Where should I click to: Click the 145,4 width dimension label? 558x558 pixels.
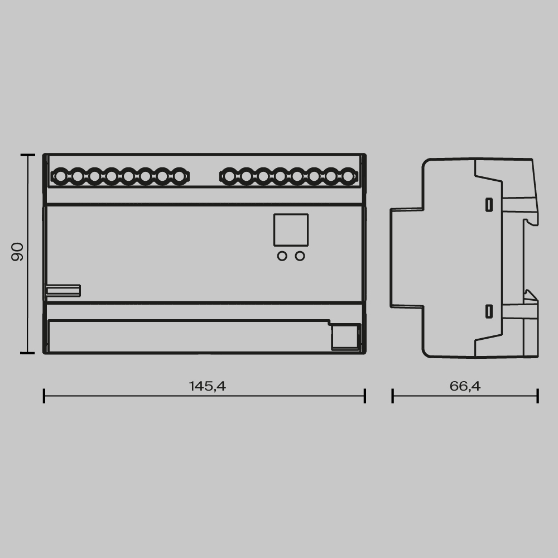[207, 386]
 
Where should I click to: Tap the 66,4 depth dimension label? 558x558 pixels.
[465, 386]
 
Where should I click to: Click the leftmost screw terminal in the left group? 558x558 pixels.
[60, 177]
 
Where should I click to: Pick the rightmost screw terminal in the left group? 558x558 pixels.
[179, 177]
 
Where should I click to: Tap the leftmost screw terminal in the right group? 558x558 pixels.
[229, 177]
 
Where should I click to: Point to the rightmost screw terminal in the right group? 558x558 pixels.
[348, 177]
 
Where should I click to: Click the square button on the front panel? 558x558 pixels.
[291, 230]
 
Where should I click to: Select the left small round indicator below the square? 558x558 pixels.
[282, 256]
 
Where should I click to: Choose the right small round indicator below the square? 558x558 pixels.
[300, 256]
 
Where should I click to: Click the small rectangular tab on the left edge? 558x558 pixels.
[63, 290]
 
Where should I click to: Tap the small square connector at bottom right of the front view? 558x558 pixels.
[344, 337]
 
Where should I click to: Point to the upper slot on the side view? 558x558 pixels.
[489, 205]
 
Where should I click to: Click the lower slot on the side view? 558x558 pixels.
[489, 311]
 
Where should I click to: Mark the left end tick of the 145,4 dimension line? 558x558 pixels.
[44, 396]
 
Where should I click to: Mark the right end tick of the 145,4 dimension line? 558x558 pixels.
[365, 396]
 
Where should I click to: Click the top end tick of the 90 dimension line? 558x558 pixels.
[24, 156]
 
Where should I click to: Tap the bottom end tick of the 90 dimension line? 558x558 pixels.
[24, 353]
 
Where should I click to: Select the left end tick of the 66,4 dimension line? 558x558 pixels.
[393, 396]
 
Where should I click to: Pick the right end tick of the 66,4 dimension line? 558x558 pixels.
[537, 396]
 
